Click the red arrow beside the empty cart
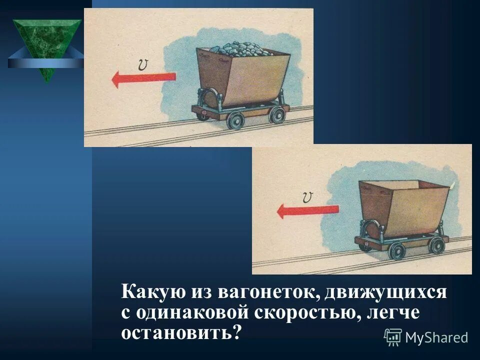308,210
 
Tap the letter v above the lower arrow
307,197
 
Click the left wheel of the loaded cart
234,120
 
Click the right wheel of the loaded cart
276,115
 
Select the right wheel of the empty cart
437,245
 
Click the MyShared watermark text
436,337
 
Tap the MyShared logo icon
393,336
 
